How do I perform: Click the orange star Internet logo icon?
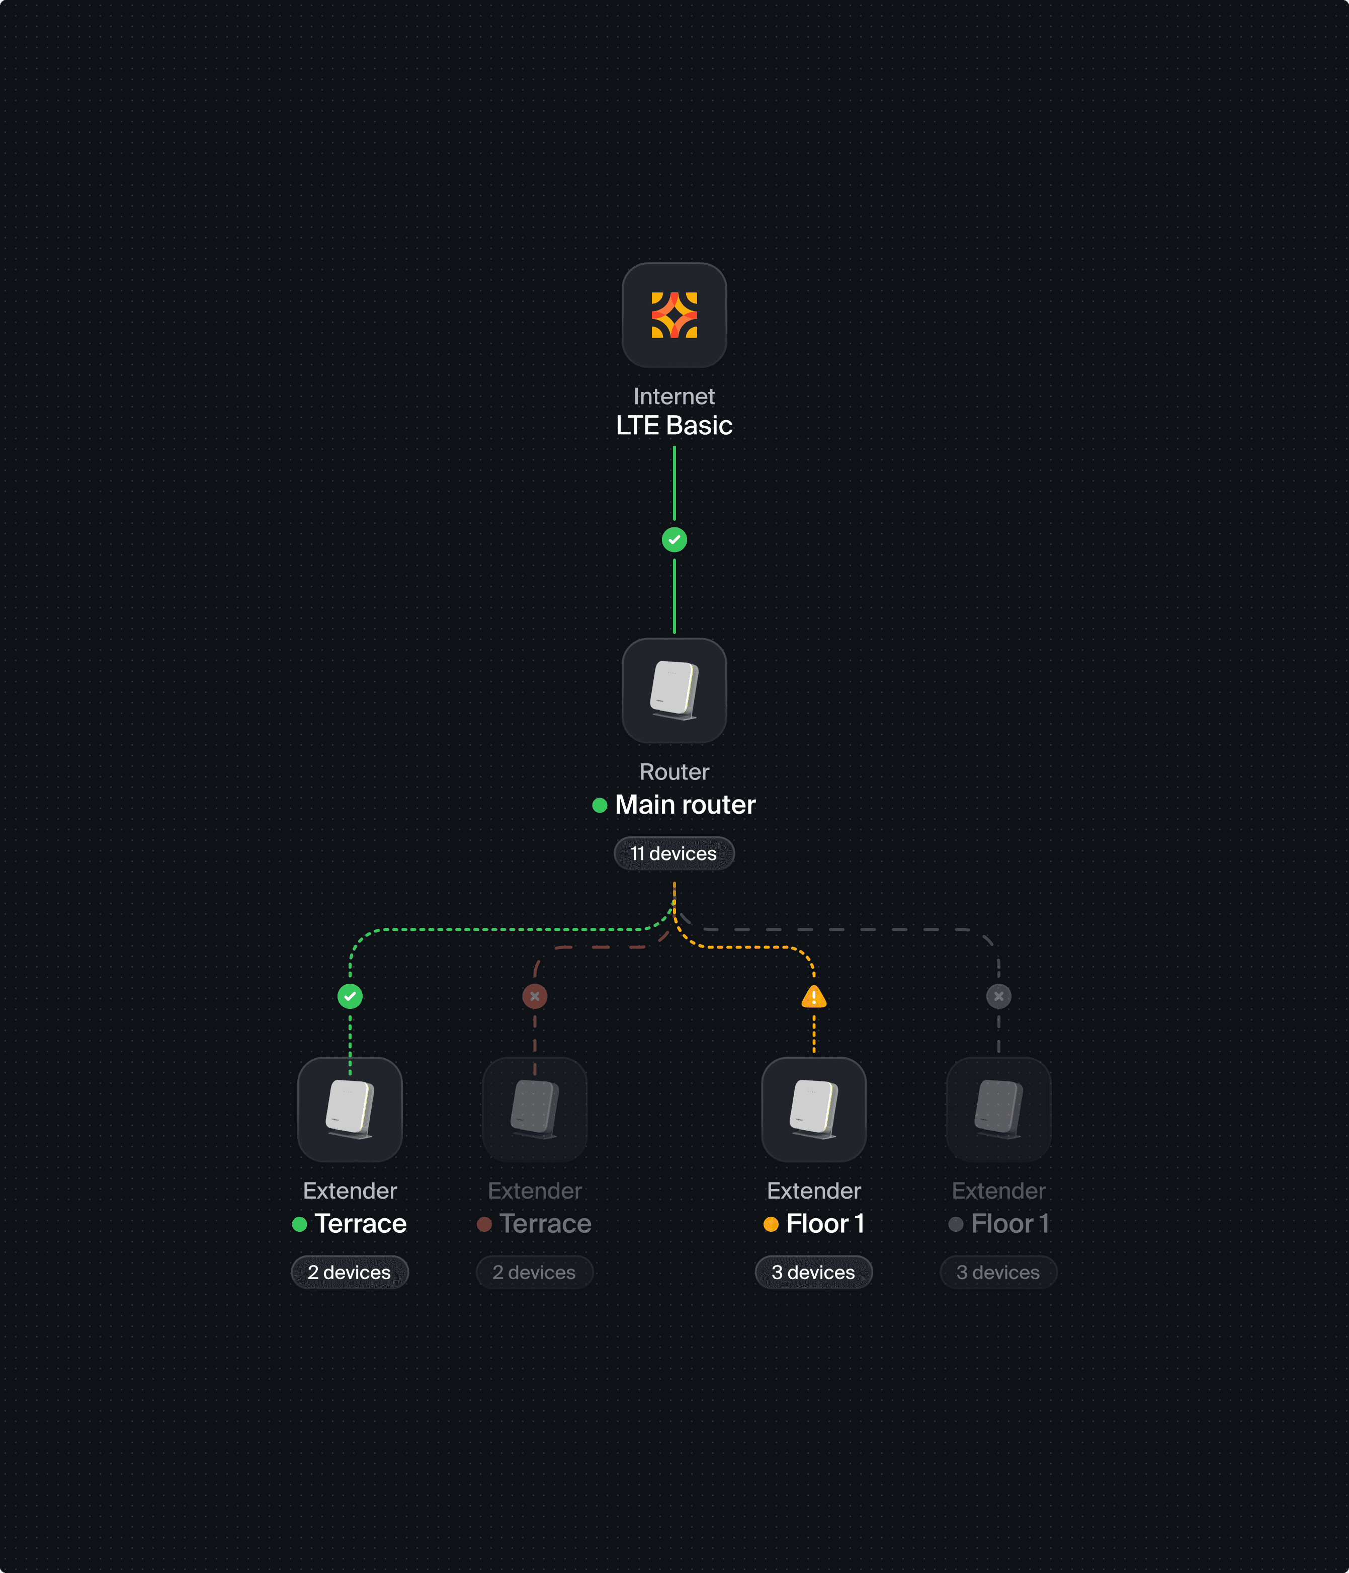click(673, 315)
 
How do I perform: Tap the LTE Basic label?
click(673, 426)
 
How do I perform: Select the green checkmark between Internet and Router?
click(673, 540)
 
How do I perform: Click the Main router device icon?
click(673, 690)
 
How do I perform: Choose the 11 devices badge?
click(673, 853)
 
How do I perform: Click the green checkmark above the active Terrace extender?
click(350, 996)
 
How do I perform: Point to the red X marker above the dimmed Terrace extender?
click(535, 996)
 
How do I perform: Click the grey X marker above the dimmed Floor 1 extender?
click(998, 996)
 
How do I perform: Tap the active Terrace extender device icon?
click(350, 1109)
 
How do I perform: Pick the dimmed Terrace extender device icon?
click(535, 1109)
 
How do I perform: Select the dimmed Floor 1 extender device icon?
click(998, 1109)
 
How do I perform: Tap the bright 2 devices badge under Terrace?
click(350, 1273)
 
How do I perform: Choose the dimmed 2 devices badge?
click(534, 1273)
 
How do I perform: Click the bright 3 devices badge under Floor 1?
click(813, 1273)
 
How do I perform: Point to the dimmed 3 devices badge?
click(998, 1273)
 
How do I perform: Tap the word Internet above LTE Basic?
click(673, 397)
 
